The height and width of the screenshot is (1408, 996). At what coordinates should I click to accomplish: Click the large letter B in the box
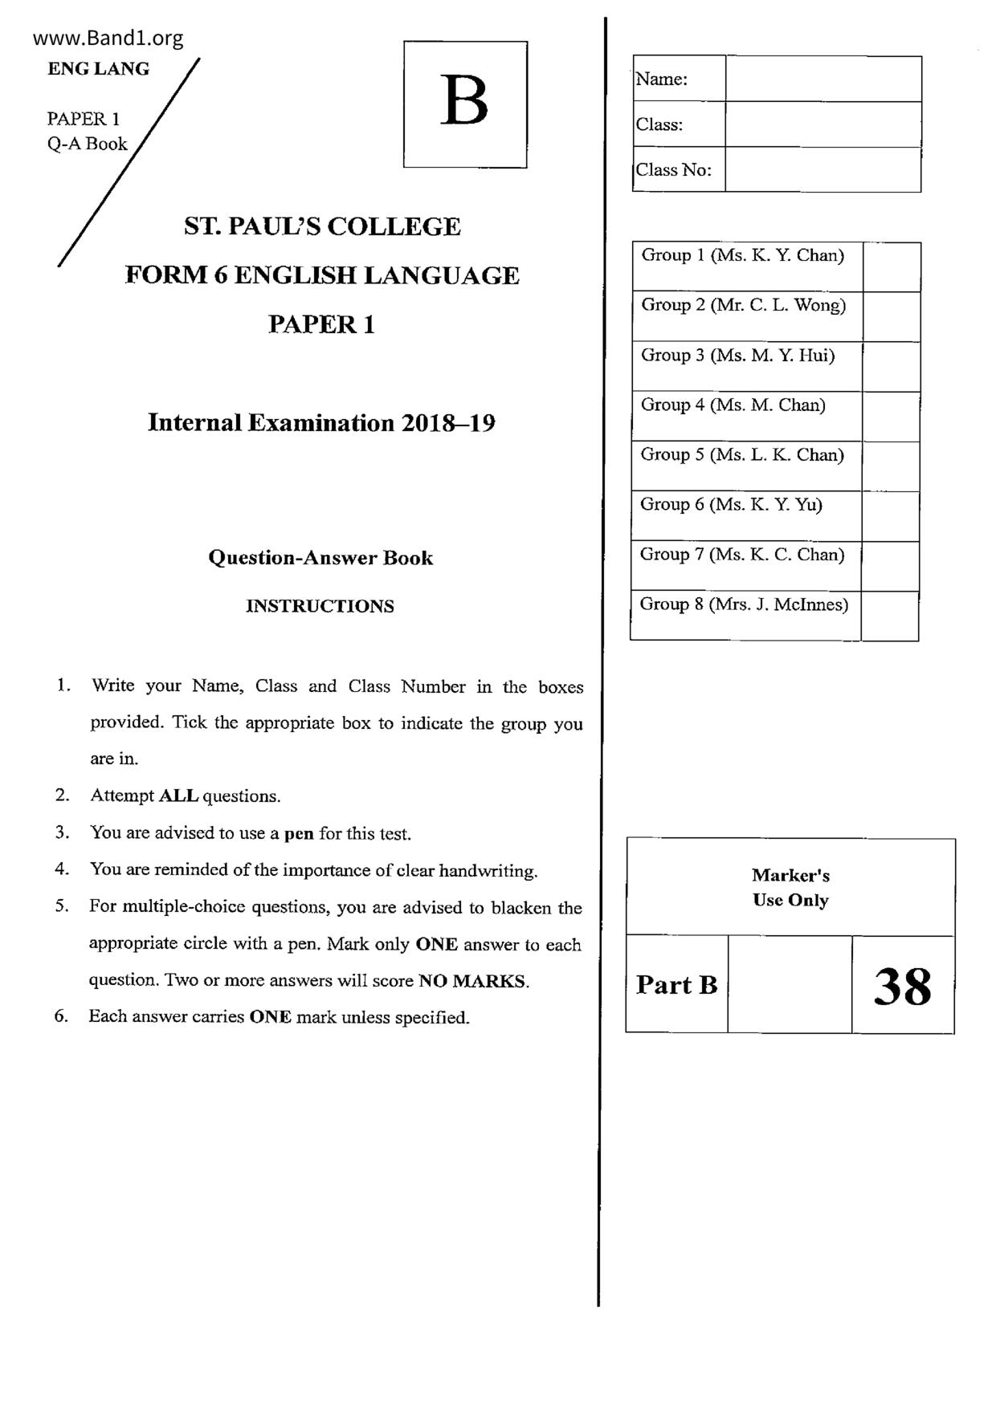coord(464,102)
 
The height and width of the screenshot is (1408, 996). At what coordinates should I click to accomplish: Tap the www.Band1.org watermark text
coord(108,38)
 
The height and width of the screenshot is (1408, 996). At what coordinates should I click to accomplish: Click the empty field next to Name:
coord(823,79)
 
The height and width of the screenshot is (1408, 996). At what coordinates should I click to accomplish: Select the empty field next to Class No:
coord(823,169)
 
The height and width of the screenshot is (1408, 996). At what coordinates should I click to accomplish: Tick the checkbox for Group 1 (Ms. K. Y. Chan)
coord(891,267)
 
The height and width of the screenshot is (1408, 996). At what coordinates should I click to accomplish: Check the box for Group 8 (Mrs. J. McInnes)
coord(889,617)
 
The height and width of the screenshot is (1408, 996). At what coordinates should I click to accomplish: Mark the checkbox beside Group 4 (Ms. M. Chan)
coord(890,417)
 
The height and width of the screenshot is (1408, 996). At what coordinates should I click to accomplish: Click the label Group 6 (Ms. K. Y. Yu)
coord(731,505)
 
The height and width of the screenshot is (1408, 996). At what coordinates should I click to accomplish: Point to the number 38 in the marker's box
coord(903,986)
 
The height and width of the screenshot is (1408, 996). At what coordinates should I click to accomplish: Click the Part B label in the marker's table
coord(676,985)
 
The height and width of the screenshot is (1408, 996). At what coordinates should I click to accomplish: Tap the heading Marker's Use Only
coord(790,888)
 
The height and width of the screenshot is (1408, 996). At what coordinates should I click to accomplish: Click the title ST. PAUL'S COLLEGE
coord(322,226)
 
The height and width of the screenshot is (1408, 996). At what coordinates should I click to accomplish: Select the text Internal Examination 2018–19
coord(321,423)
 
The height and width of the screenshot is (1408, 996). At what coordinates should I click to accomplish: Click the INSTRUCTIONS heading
coord(320,606)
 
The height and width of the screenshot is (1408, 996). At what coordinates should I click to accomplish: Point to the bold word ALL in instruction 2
coord(178,796)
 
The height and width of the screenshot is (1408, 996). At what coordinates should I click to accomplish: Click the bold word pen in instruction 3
coord(299,833)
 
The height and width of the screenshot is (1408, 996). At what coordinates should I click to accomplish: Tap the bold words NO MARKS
coord(472,981)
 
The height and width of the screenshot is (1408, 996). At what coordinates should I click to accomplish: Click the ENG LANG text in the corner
coord(98,69)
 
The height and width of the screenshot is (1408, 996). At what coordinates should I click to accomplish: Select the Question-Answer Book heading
coord(320,558)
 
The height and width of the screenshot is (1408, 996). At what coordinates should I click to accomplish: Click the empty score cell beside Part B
coord(790,985)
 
